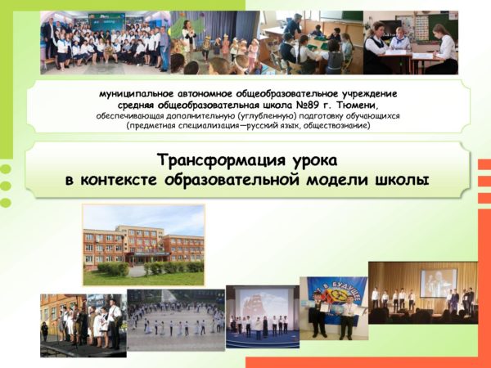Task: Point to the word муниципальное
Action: pyautogui.click(x=136, y=94)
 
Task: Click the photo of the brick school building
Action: pyautogui.click(x=144, y=245)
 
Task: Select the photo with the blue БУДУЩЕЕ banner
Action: pyautogui.click(x=334, y=308)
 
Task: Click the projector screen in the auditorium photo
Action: pyautogui.click(x=438, y=283)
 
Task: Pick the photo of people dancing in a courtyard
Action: pyautogui.click(x=176, y=320)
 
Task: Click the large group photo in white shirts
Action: pyautogui.click(x=106, y=43)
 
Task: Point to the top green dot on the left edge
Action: pyautogui.click(x=6, y=169)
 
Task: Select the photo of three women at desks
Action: pyautogui.click(x=411, y=43)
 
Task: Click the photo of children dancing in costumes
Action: pyautogui.click(x=215, y=43)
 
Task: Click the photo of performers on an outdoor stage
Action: pyautogui.click(x=83, y=325)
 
